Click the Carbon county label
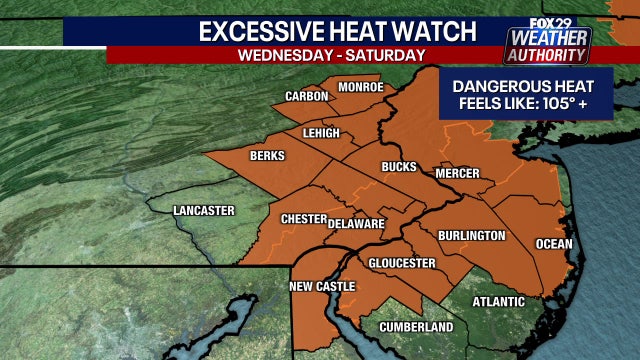pos(307,97)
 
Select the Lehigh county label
pos(322,134)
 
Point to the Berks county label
pos(268,156)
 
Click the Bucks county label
pos(398,167)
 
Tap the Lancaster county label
pos(203,210)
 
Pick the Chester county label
pos(302,218)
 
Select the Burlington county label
pos(471,236)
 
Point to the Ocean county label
pos(554,244)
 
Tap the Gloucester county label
pos(401,263)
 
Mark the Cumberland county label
pos(416,327)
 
